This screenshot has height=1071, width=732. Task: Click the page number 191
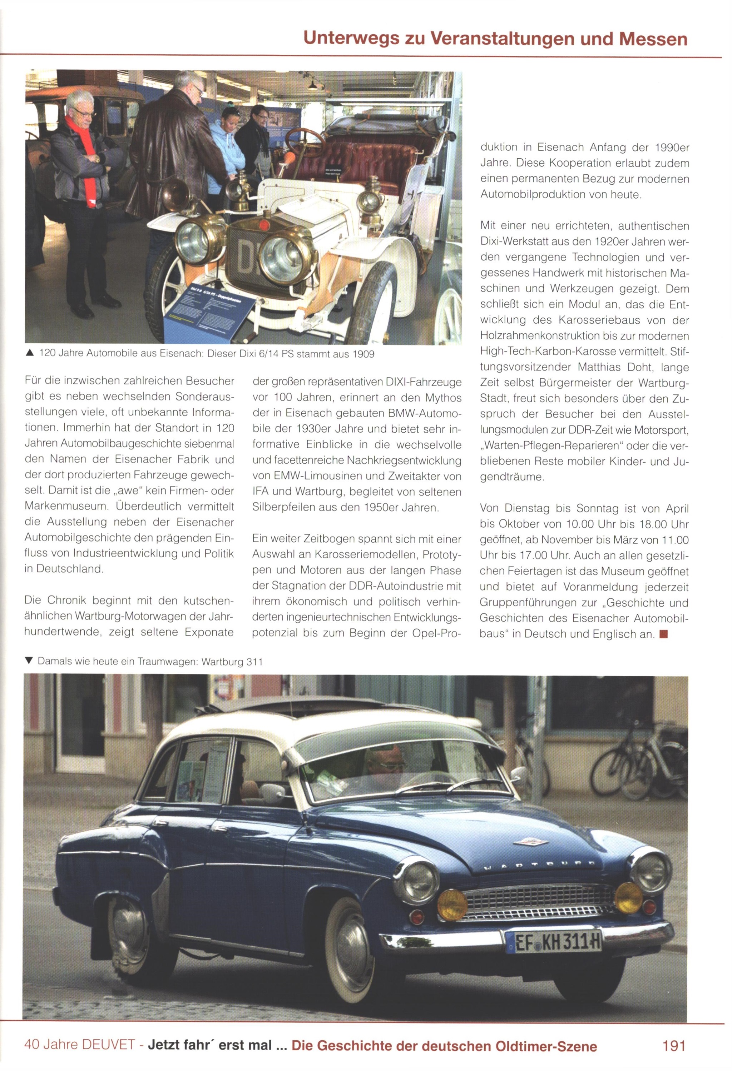673,1046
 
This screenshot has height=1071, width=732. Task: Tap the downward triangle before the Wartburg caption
29,661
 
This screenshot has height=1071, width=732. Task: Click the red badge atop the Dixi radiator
264,225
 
